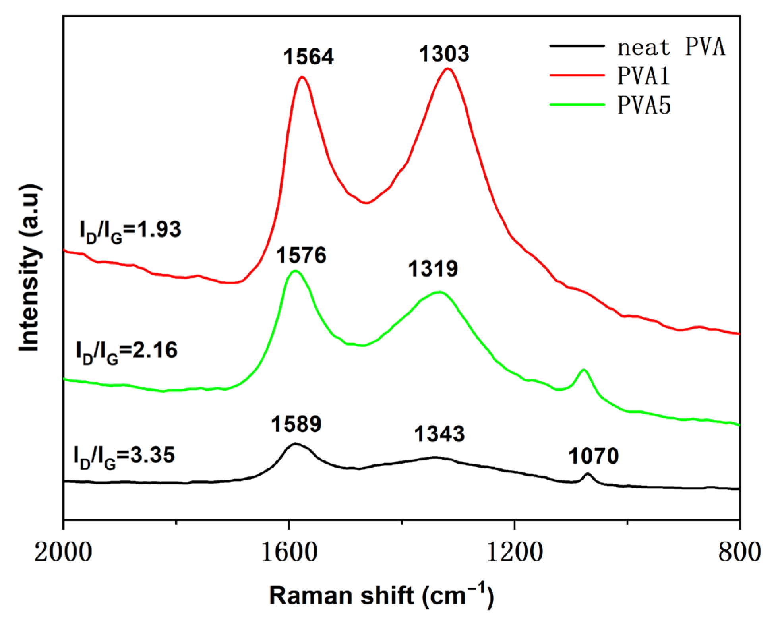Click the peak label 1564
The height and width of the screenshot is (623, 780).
[x=308, y=57]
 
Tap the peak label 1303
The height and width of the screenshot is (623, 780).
[x=444, y=54]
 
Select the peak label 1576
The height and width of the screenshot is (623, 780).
[x=301, y=255]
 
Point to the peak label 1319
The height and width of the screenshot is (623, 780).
[x=433, y=269]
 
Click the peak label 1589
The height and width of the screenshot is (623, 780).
[x=296, y=424]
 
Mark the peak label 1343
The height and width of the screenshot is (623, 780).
[x=439, y=434]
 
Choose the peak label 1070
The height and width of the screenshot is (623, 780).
[x=593, y=456]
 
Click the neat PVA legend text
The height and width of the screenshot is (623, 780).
[x=671, y=47]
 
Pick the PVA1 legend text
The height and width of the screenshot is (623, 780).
[x=643, y=75]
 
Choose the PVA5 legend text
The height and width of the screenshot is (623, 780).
[x=644, y=105]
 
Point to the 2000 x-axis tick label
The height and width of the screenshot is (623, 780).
[x=63, y=552]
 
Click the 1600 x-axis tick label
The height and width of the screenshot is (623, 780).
[x=289, y=552]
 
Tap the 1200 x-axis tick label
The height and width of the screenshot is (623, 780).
[x=515, y=552]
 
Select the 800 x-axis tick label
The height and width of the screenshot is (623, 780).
[x=739, y=552]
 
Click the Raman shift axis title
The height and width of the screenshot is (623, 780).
[x=381, y=596]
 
